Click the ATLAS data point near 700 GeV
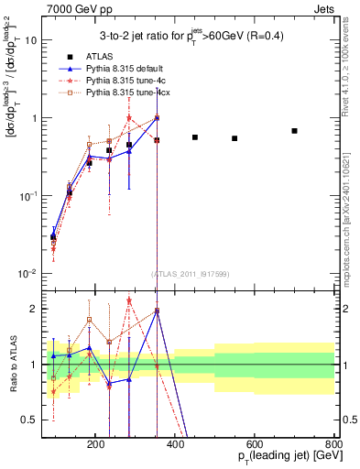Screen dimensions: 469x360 coord(294,131)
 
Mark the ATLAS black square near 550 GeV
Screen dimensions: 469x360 coord(235,138)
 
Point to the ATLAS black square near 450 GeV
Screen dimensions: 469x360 coord(195,137)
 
